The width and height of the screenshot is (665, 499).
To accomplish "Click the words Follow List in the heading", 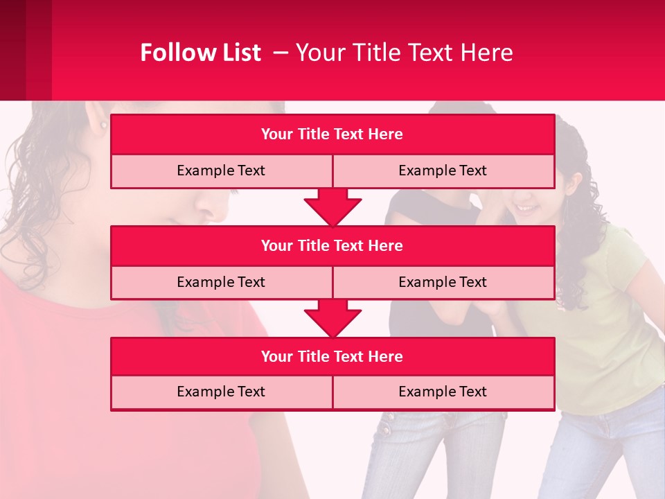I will [200, 53].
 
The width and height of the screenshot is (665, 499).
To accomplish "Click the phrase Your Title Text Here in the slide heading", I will [404, 53].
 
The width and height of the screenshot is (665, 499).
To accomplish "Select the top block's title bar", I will [332, 134].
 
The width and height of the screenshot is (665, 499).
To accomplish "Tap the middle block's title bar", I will [332, 245].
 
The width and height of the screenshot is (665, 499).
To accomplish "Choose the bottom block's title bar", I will [332, 356].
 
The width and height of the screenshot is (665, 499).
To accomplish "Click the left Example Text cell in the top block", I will [221, 171].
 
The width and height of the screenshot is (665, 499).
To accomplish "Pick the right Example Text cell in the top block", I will [443, 171].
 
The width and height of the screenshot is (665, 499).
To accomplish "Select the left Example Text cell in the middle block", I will [221, 282].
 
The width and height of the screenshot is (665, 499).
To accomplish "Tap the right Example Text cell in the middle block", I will [443, 282].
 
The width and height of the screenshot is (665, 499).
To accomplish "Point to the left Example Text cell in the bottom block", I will [221, 392].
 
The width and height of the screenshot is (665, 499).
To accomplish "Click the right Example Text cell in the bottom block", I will [443, 392].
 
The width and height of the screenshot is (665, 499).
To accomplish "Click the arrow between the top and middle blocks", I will [332, 207].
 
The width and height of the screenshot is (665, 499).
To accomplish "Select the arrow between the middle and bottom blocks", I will [332, 318].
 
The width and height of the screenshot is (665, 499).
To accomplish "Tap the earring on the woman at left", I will [104, 125].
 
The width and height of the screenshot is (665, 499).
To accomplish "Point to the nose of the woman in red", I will [211, 201].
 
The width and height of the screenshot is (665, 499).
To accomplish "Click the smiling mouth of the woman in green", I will [526, 208].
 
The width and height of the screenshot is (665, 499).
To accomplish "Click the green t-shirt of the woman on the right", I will [603, 326].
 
